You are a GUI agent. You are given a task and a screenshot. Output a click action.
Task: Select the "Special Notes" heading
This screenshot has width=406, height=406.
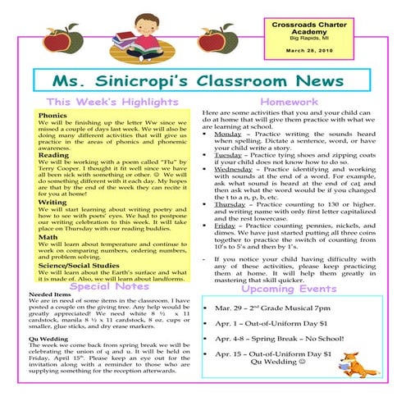point(108,287)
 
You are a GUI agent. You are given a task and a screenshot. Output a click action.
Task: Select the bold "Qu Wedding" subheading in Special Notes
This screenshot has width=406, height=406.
point(46,336)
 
